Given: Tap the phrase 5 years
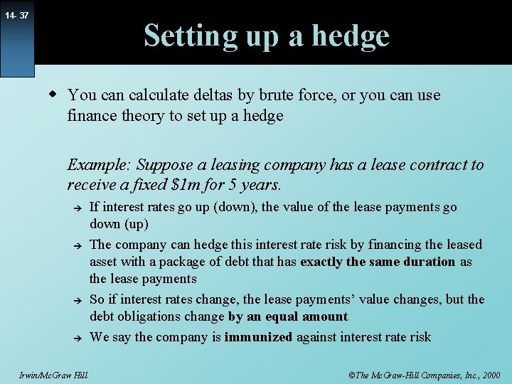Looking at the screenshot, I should [257, 185].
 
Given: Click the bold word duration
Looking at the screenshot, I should [425, 262].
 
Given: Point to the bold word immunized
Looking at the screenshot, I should [258, 337].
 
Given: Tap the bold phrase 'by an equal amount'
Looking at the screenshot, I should [288, 317].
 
